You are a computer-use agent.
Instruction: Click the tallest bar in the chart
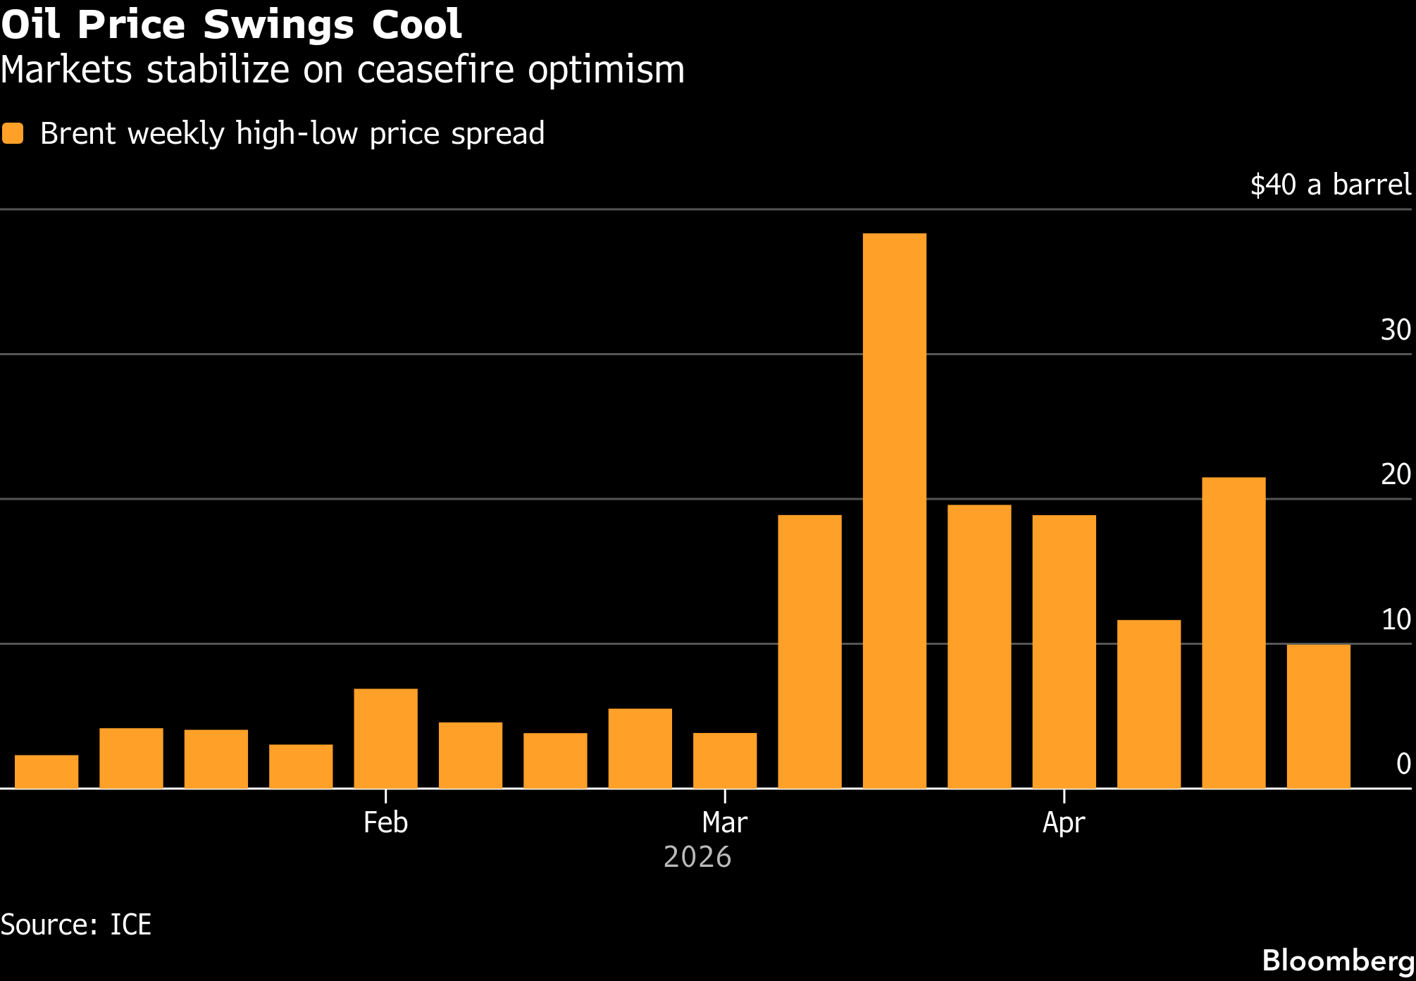894,510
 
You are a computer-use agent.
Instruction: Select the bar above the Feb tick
385,738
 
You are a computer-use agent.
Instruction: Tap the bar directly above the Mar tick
725,760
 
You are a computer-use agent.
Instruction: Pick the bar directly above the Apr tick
1064,651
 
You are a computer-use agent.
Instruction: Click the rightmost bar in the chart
1318,716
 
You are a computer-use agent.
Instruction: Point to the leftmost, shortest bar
46,772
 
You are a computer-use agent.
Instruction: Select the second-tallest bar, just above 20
1234,633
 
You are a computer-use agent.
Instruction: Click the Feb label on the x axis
385,822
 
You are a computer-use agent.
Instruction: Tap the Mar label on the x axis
725,822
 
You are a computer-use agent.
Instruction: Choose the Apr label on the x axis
1064,822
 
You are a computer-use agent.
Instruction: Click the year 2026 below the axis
697,857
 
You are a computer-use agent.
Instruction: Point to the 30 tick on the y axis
1396,330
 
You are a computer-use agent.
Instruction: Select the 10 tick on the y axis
1396,619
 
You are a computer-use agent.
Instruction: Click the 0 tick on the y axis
1403,764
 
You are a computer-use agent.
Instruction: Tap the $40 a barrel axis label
1330,185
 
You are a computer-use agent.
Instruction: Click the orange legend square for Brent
13,133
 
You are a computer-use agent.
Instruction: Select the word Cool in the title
416,25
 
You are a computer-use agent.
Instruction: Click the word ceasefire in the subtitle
435,70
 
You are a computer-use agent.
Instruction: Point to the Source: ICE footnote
76,925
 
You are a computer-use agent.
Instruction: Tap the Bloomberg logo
1338,961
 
